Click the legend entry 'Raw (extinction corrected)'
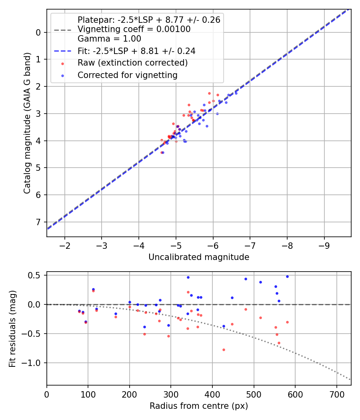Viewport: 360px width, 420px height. click(132, 63)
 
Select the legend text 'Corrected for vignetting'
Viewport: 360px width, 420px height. click(127, 75)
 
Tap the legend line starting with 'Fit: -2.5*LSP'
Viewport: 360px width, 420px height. click(136, 51)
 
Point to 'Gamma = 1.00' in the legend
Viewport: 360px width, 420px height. click(109, 39)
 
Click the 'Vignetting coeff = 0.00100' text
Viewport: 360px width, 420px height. click(134, 29)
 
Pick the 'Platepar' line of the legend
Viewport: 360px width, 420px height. click(149, 20)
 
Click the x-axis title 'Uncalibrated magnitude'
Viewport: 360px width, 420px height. click(199, 257)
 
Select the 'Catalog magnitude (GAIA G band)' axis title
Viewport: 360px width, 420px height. click(27, 123)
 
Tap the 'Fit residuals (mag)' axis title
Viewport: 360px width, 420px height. click(12, 328)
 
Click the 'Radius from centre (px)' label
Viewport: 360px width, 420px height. click(199, 406)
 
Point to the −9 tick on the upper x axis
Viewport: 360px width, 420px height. click(324, 245)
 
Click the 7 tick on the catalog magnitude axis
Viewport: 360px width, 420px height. click(38, 222)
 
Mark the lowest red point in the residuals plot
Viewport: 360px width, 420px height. click(224, 350)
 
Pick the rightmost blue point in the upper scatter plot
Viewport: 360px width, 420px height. click(236, 93)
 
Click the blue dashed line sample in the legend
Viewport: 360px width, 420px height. click(62, 51)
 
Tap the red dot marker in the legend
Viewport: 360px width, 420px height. click(62, 63)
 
